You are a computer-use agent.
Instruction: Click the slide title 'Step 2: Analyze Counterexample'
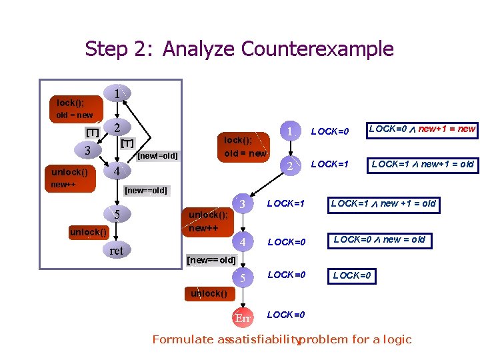point(239,49)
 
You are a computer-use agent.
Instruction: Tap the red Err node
point(243,318)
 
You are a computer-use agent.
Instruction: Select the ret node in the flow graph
point(116,251)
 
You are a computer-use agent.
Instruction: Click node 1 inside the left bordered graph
point(117,95)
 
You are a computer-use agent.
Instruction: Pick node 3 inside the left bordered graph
point(87,150)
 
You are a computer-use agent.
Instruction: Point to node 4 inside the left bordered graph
point(117,171)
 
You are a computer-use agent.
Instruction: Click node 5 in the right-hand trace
point(243,277)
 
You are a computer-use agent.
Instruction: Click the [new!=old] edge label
point(157,156)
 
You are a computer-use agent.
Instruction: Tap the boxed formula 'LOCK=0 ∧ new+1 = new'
point(422,129)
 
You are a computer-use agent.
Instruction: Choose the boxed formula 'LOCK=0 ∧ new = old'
point(379,239)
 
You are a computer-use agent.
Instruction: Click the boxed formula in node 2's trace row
point(422,164)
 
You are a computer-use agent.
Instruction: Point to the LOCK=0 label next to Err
point(286,315)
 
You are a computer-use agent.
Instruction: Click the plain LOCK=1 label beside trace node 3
point(286,203)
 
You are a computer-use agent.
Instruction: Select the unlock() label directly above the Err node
point(208,293)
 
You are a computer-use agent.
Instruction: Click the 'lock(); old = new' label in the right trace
point(245,147)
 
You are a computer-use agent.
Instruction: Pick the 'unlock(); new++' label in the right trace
point(208,221)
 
